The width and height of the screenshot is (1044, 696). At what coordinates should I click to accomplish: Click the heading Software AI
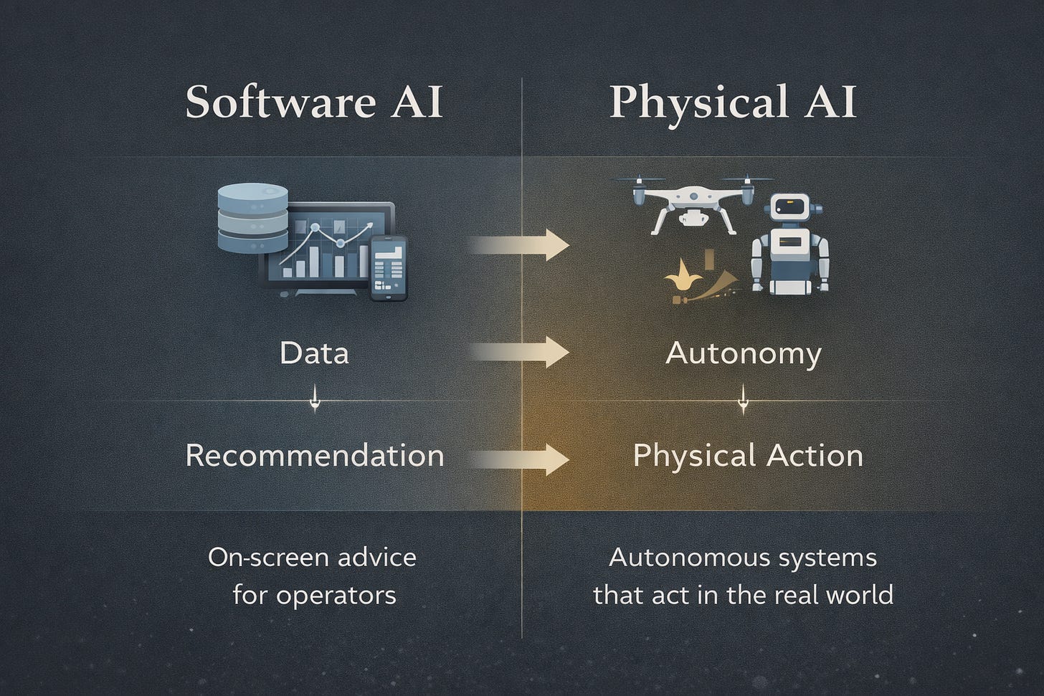pos(314,102)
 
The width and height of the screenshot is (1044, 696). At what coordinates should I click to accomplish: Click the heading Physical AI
pos(733,102)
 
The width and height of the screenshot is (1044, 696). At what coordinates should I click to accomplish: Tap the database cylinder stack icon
pos(252,219)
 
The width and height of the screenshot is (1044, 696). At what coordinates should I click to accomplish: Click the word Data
pos(314,353)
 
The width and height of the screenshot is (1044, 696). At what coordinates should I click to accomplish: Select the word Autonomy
pos(744,353)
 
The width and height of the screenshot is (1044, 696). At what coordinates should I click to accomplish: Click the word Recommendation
pos(314,456)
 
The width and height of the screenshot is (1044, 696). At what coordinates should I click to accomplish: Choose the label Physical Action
pos(748,456)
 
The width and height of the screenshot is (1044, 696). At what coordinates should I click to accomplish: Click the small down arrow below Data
pos(314,400)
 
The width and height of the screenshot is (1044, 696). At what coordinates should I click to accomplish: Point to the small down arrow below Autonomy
pos(744,400)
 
